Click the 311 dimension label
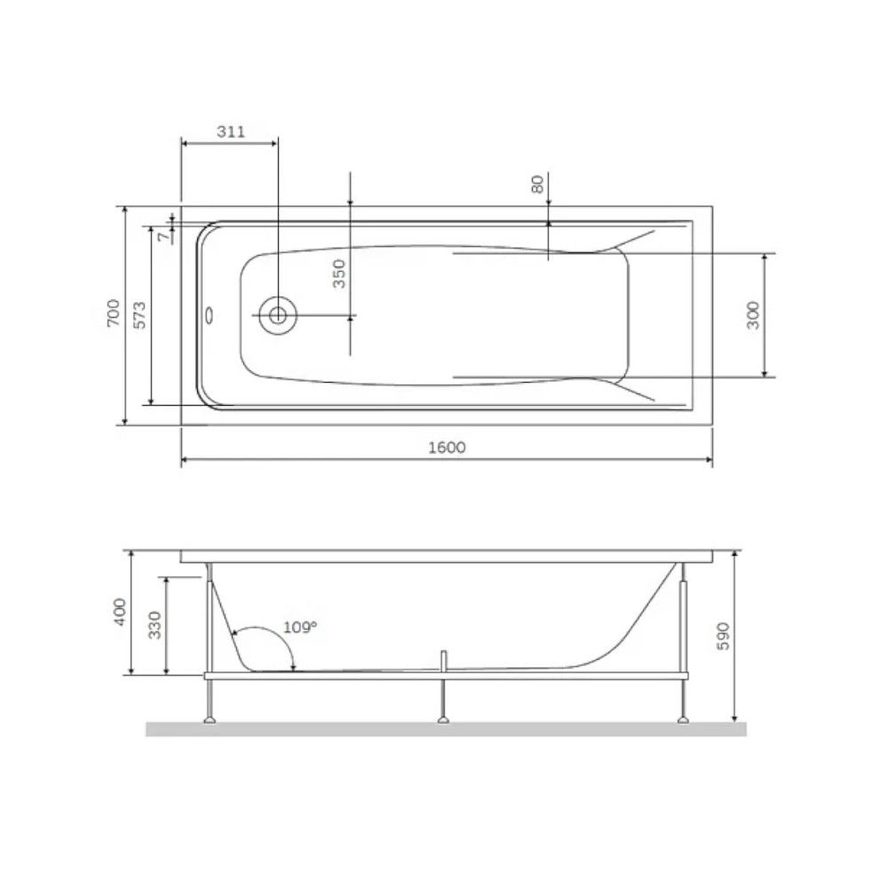231,132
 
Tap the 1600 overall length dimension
447,448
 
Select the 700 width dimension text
114,313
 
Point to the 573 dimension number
139,315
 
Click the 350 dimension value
338,274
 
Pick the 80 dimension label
537,184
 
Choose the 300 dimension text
753,315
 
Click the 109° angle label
300,628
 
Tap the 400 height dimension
121,612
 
